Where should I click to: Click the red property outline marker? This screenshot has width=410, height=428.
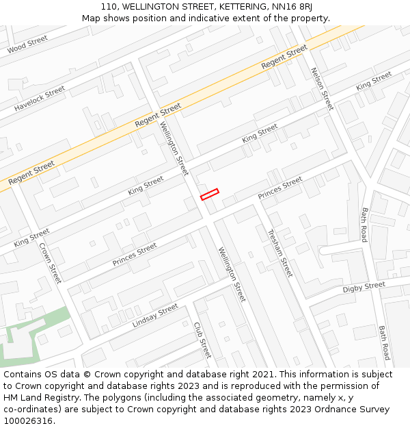[209, 194]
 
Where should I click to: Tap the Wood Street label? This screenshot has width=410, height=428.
[28, 45]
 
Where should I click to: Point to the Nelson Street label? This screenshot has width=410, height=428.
[322, 88]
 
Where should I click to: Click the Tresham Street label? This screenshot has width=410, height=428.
[279, 253]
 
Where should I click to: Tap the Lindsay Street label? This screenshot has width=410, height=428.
[155, 315]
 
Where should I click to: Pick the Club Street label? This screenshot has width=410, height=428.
[202, 340]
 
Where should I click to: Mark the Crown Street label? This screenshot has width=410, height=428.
[50, 263]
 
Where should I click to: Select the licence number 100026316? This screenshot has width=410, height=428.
[27, 421]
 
